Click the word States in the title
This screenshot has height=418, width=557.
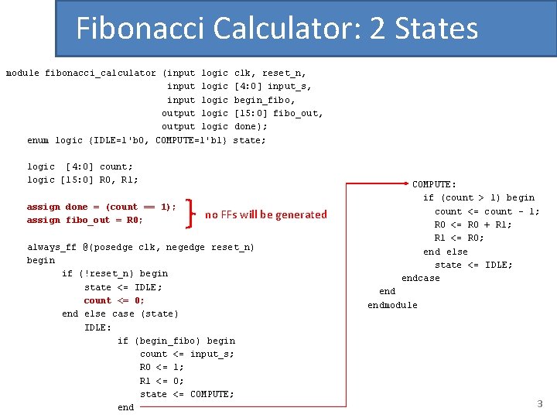(x=436, y=29)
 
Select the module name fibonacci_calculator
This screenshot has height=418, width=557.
(x=101, y=73)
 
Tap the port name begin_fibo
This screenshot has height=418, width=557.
(x=265, y=100)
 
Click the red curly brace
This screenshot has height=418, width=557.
(x=193, y=214)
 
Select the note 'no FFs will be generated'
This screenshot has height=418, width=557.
(x=265, y=214)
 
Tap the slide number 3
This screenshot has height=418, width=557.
(x=540, y=403)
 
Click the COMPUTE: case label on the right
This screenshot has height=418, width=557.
(x=434, y=184)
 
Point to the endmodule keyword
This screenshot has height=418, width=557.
(x=392, y=305)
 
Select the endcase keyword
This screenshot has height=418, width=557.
(x=420, y=278)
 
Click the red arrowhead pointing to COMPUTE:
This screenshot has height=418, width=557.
(x=406, y=184)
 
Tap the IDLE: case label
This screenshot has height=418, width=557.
(x=97, y=327)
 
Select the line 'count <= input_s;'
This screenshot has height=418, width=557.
(x=187, y=354)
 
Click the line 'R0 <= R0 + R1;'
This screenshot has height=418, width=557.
(x=473, y=224)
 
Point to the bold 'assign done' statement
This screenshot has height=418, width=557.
(x=101, y=207)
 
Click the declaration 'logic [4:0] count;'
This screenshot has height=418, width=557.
(x=80, y=166)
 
